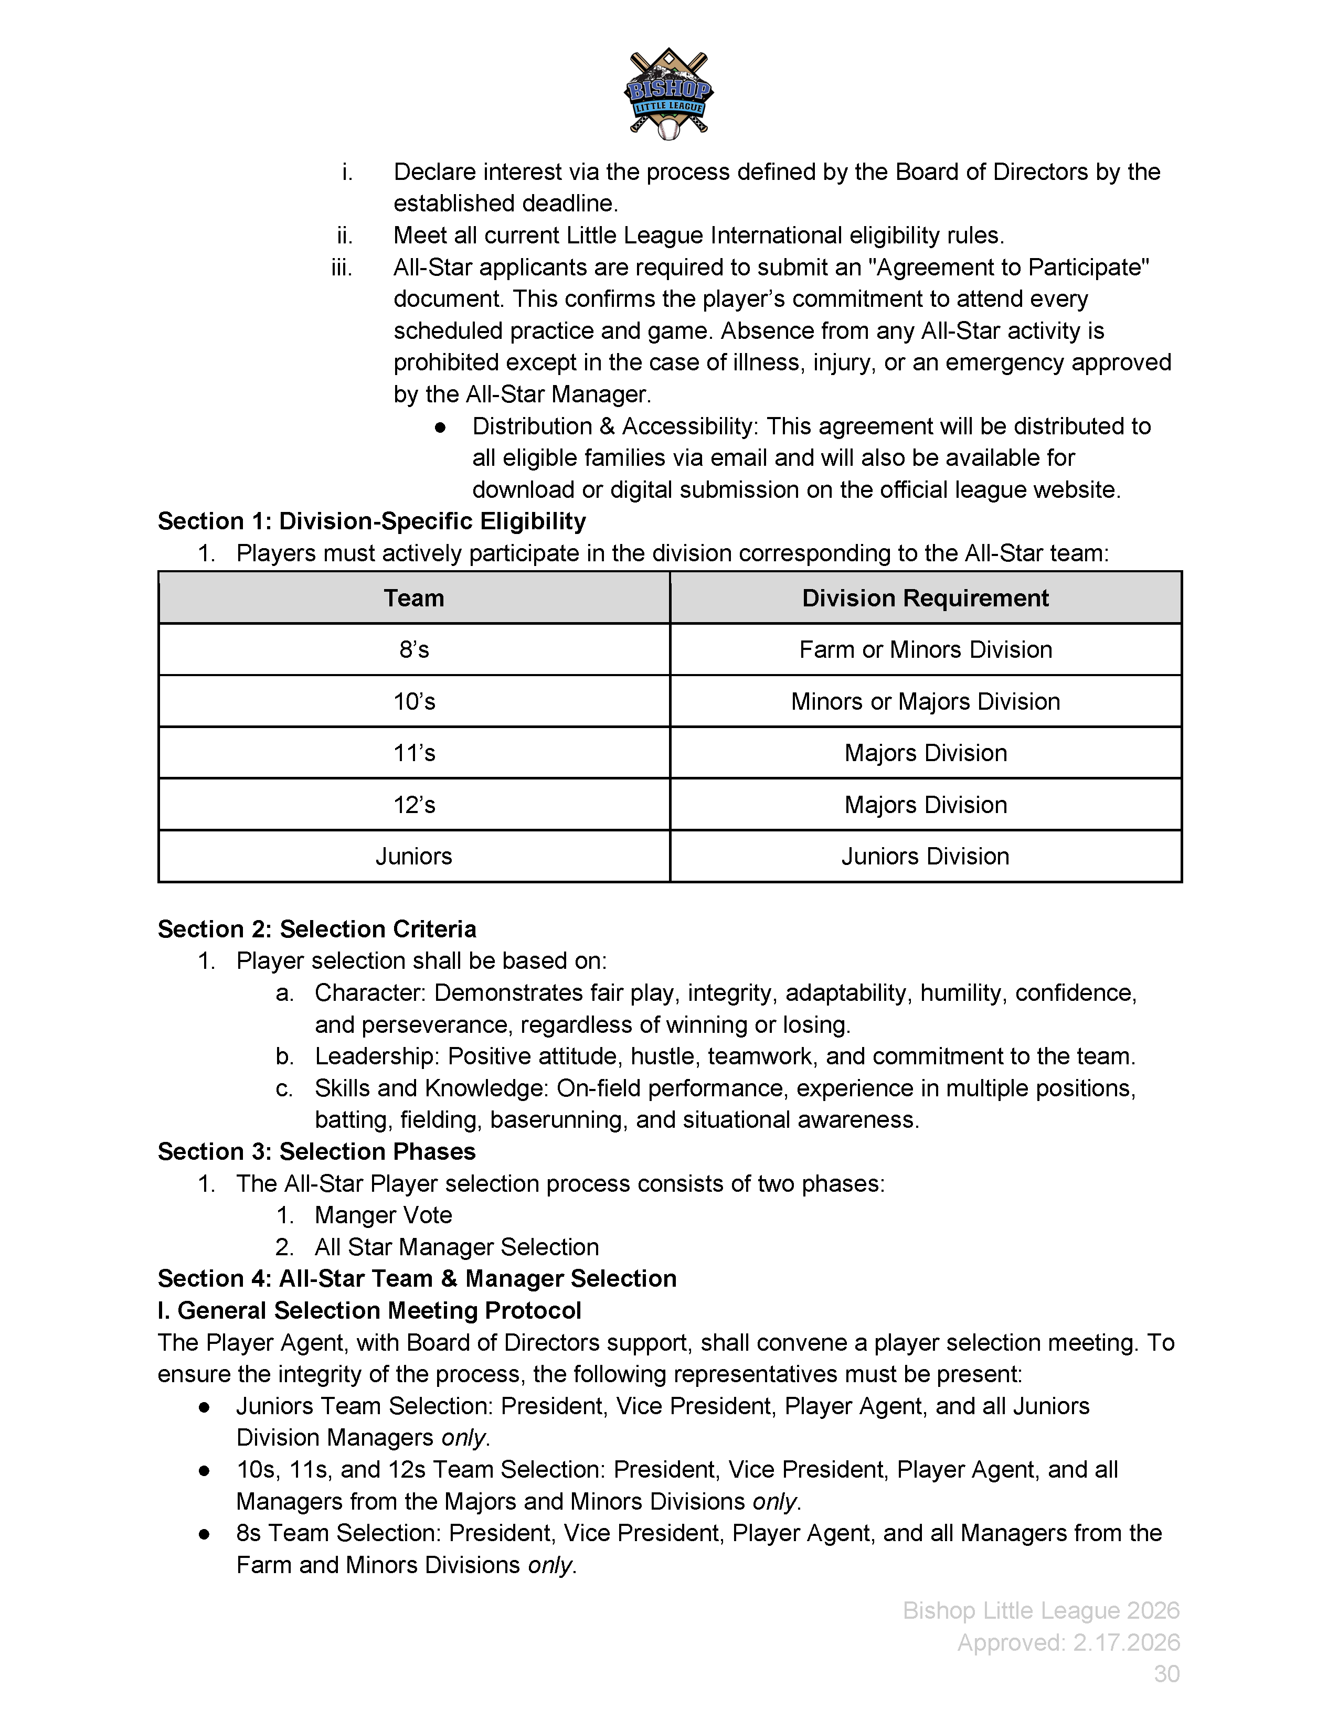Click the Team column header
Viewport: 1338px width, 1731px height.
point(414,597)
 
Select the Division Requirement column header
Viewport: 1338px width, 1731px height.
point(925,597)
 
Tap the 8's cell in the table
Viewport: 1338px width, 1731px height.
point(414,650)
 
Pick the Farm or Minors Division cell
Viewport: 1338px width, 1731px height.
point(925,650)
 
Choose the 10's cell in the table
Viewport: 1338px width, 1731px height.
point(414,701)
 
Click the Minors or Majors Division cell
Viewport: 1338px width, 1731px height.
point(925,701)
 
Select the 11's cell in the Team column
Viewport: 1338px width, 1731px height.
point(414,753)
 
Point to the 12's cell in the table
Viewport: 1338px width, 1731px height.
point(414,805)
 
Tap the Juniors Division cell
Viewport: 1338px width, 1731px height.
point(925,856)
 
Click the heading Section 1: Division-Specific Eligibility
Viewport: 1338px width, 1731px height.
point(372,521)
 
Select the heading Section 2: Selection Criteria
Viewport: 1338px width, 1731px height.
point(317,929)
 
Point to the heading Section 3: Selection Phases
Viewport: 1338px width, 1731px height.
point(316,1151)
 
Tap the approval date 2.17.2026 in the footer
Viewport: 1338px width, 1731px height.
point(1127,1642)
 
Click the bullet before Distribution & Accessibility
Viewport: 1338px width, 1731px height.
point(441,427)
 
